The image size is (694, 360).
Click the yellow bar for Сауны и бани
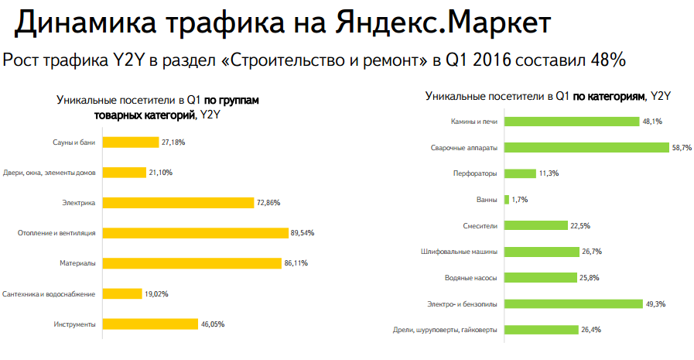pyautogui.click(x=130, y=142)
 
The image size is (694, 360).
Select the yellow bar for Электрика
pyautogui.click(x=178, y=203)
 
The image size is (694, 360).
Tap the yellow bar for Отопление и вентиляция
pyautogui.click(x=195, y=233)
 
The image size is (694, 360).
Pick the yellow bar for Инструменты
pyautogui.click(x=150, y=324)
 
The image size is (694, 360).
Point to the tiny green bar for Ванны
pyautogui.click(x=506, y=200)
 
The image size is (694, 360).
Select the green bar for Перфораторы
pyautogui.click(x=520, y=173)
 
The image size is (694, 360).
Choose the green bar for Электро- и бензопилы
pyautogui.click(x=573, y=304)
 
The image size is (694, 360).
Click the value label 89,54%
pyautogui.click(x=303, y=233)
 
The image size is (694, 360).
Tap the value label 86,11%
pyautogui.click(x=296, y=263)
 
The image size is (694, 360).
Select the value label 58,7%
pyautogui.click(x=682, y=147)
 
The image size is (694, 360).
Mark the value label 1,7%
pyautogui.click(x=519, y=200)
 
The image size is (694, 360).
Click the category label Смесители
pyautogui.click(x=479, y=226)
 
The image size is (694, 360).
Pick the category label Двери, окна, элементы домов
pyautogui.click(x=49, y=173)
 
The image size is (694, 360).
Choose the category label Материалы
pyautogui.click(x=77, y=264)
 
